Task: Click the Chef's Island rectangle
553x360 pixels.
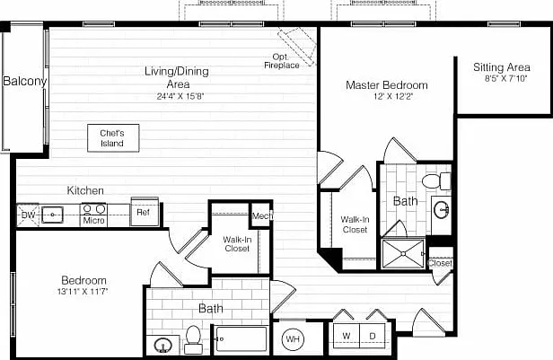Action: tap(113, 138)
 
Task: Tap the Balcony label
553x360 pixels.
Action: tap(25, 81)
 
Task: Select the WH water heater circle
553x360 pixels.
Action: tap(293, 339)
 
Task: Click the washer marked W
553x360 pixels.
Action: tap(346, 336)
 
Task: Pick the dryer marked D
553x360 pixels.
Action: tap(372, 336)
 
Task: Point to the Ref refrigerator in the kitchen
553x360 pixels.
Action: tap(145, 212)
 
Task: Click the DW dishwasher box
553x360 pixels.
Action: tap(28, 215)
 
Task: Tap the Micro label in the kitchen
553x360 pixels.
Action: tap(93, 221)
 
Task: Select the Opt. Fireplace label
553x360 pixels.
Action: tap(282, 61)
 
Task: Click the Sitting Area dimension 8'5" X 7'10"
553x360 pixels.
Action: tap(505, 79)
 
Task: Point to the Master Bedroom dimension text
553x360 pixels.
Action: tap(393, 96)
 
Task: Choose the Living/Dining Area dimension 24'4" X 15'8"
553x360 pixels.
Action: tap(180, 96)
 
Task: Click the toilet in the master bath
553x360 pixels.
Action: tap(436, 181)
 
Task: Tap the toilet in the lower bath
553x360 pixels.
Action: tap(193, 339)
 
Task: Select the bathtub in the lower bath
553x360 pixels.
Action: tap(241, 338)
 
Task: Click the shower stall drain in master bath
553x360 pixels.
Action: tap(403, 254)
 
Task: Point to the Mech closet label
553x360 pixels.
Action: tap(262, 215)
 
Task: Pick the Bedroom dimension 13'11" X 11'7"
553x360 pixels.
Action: tap(83, 292)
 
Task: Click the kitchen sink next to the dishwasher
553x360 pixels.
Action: tap(52, 215)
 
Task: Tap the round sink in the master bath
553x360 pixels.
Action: tap(441, 210)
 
